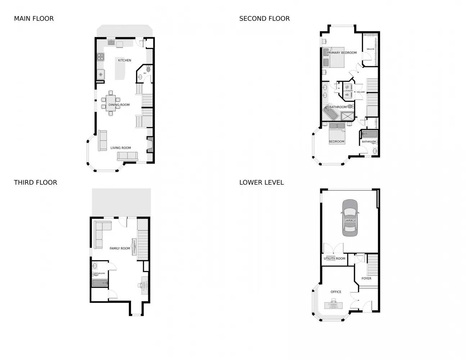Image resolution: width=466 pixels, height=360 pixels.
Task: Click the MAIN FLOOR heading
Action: (34, 19)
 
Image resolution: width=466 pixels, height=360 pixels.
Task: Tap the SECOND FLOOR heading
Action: (264, 19)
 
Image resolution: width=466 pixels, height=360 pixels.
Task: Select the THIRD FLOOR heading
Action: (36, 183)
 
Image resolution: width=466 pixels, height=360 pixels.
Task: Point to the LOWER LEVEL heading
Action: (262, 183)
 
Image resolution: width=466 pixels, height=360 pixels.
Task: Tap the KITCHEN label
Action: (125, 60)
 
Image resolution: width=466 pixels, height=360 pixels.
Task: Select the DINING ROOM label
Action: (119, 105)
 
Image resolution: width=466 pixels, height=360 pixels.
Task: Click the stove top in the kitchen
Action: (101, 57)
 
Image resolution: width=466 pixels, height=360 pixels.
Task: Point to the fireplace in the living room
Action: (150, 145)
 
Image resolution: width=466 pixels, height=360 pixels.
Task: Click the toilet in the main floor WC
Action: (148, 68)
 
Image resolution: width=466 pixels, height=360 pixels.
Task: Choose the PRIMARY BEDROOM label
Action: (342, 53)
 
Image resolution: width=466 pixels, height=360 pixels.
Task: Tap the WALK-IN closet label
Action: (370, 49)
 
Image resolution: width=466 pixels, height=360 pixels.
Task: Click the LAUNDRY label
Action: (348, 91)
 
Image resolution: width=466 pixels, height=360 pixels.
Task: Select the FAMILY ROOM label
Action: (120, 248)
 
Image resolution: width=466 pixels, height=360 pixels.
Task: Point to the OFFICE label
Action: (336, 292)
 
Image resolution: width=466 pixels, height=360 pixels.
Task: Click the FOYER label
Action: (366, 279)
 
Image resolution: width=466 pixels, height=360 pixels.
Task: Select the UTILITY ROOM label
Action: (334, 258)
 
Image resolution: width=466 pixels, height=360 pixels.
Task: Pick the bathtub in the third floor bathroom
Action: (100, 283)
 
